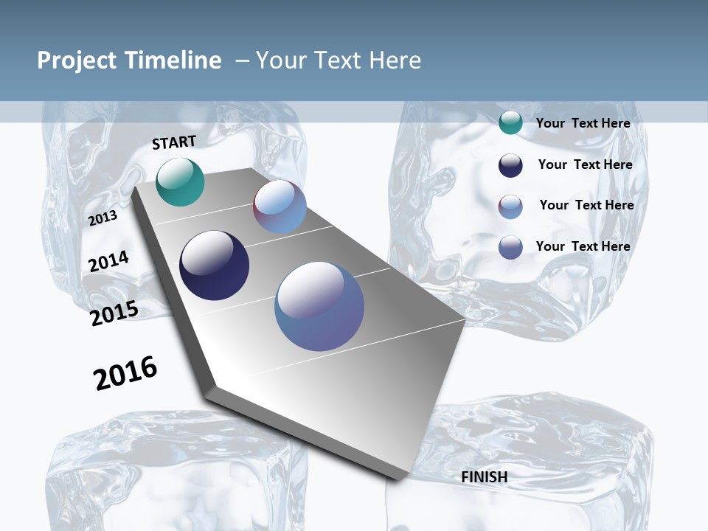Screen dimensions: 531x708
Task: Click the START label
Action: click(174, 142)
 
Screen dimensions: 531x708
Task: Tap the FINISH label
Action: click(484, 477)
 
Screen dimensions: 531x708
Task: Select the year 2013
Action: click(103, 218)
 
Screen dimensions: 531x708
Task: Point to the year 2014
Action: click(109, 261)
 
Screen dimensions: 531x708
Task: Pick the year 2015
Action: click(114, 313)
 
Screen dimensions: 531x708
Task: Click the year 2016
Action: click(125, 373)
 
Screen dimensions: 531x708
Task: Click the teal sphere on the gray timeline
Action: click(180, 181)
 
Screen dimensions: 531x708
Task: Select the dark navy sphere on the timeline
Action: click(215, 265)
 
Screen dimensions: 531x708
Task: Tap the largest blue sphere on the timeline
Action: click(319, 306)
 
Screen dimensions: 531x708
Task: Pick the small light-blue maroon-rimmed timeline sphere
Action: click(280, 207)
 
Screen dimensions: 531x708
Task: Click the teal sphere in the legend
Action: click(510, 123)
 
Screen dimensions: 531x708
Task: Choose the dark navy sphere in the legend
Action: click(510, 165)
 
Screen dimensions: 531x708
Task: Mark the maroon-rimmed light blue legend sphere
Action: click(510, 206)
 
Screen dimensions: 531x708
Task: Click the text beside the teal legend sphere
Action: click(583, 123)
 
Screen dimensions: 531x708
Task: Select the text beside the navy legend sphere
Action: click(585, 164)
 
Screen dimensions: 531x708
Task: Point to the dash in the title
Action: click(242, 60)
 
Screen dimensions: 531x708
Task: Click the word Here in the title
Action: click(395, 60)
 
